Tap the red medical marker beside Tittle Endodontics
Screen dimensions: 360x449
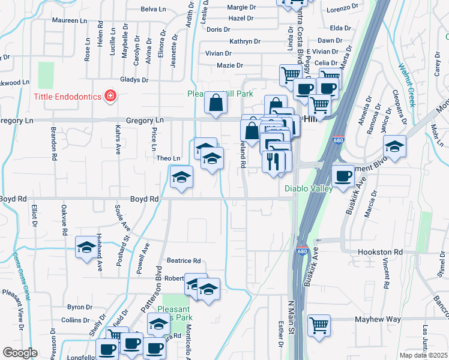110,95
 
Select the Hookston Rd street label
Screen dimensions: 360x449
381,252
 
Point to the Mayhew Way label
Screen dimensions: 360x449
377,320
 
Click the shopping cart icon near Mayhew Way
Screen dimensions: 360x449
319,325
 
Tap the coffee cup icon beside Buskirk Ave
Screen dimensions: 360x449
343,176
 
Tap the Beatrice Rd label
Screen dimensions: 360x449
184,261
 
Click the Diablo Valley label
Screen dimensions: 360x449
308,188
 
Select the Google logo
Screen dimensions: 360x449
19,353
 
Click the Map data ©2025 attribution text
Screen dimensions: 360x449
423,355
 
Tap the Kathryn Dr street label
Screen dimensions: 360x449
245,41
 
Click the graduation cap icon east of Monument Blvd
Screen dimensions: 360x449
394,146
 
